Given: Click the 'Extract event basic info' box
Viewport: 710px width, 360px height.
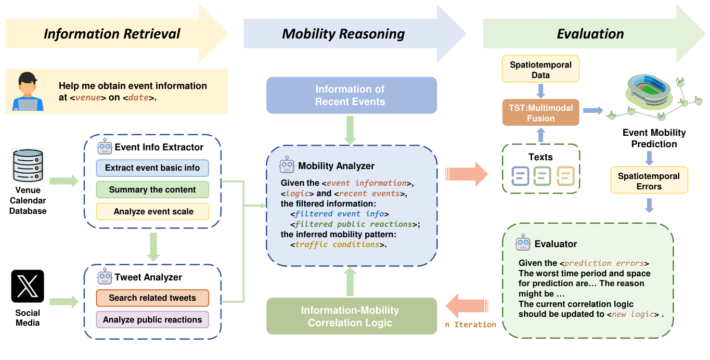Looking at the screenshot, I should (x=152, y=168).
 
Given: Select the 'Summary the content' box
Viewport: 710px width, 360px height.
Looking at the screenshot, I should (x=152, y=190).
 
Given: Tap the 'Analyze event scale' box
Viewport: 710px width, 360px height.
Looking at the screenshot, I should (x=152, y=212).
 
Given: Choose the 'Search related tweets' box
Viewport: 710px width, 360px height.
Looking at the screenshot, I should (x=152, y=298).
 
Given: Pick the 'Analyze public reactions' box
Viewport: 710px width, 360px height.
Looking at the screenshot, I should (x=152, y=320).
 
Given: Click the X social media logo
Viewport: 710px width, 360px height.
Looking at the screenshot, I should (x=28, y=286).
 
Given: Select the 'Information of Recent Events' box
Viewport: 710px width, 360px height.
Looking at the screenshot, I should (x=351, y=95).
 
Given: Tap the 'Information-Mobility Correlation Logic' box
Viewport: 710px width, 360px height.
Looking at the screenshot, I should (x=351, y=316).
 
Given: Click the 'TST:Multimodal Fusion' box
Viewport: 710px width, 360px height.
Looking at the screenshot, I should (x=540, y=113).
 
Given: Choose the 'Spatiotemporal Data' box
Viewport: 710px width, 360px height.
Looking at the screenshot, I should (x=540, y=70).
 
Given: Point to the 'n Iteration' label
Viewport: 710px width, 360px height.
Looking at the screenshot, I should (x=470, y=325).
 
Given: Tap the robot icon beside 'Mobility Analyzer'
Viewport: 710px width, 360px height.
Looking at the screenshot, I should (x=287, y=166).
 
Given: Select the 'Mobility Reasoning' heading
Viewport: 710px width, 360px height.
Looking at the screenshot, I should (x=343, y=34).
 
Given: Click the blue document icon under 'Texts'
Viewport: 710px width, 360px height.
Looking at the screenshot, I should (x=520, y=176).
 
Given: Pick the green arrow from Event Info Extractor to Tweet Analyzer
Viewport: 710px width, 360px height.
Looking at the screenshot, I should (x=152, y=246).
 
